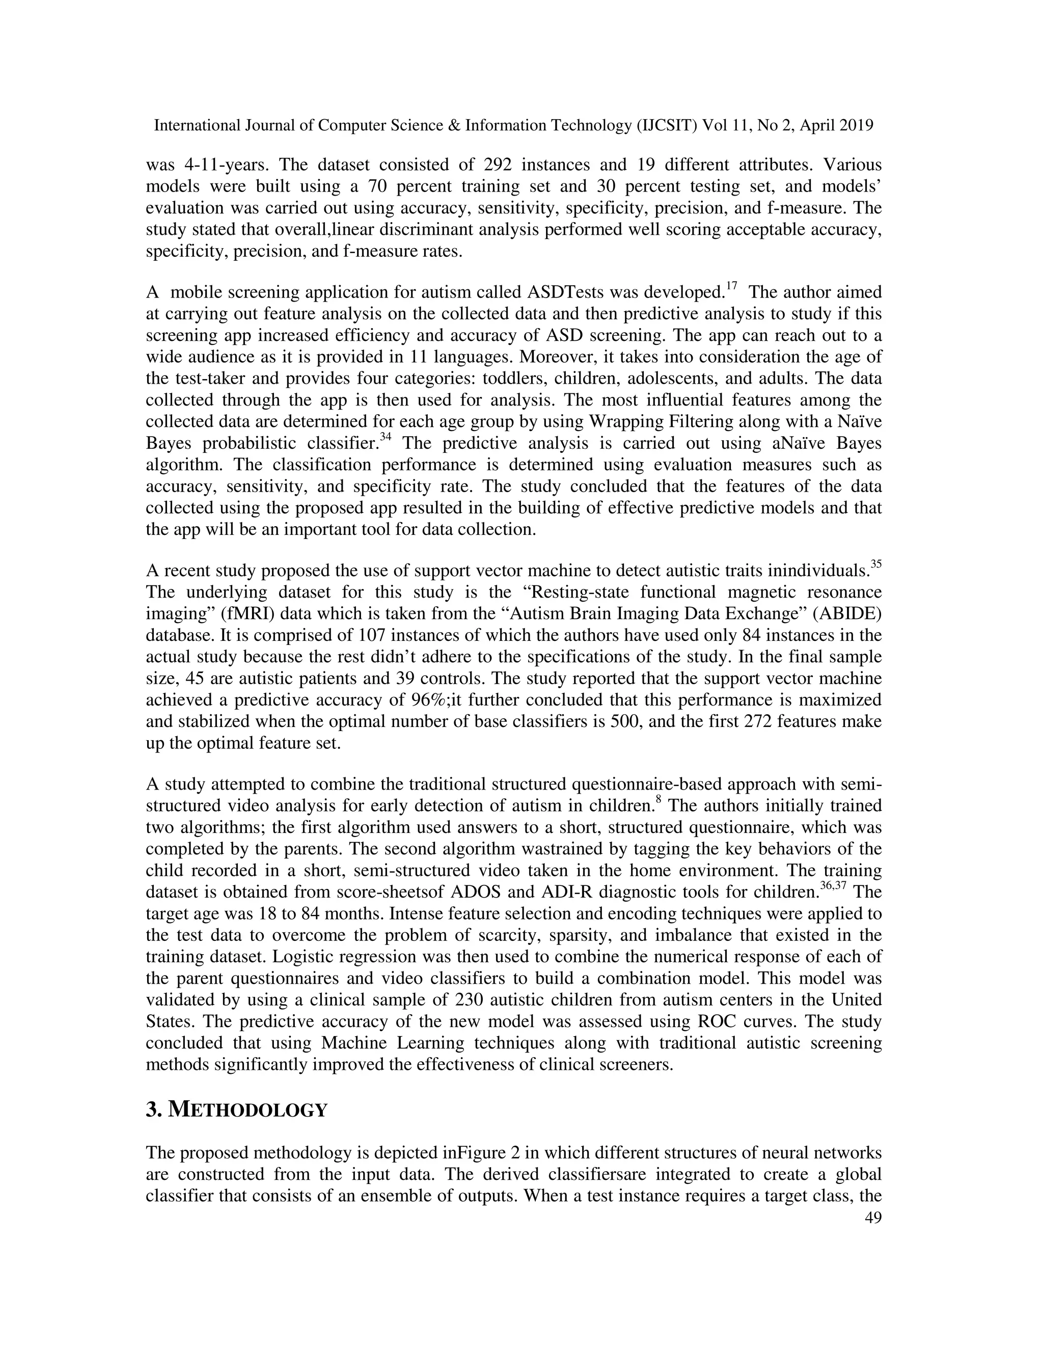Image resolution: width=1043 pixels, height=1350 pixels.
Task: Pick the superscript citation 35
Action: [875, 564]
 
